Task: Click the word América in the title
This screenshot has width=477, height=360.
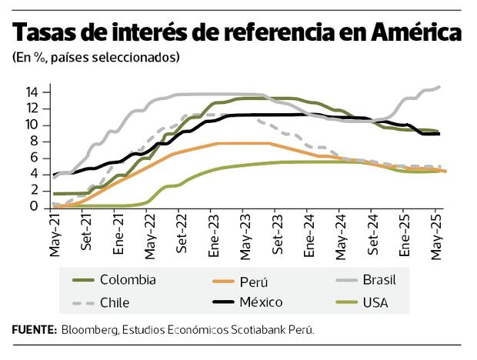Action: (x=416, y=33)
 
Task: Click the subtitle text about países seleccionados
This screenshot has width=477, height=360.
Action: (x=96, y=57)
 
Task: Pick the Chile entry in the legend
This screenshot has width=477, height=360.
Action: (x=115, y=302)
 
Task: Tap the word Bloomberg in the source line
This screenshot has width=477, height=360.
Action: (x=90, y=329)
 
